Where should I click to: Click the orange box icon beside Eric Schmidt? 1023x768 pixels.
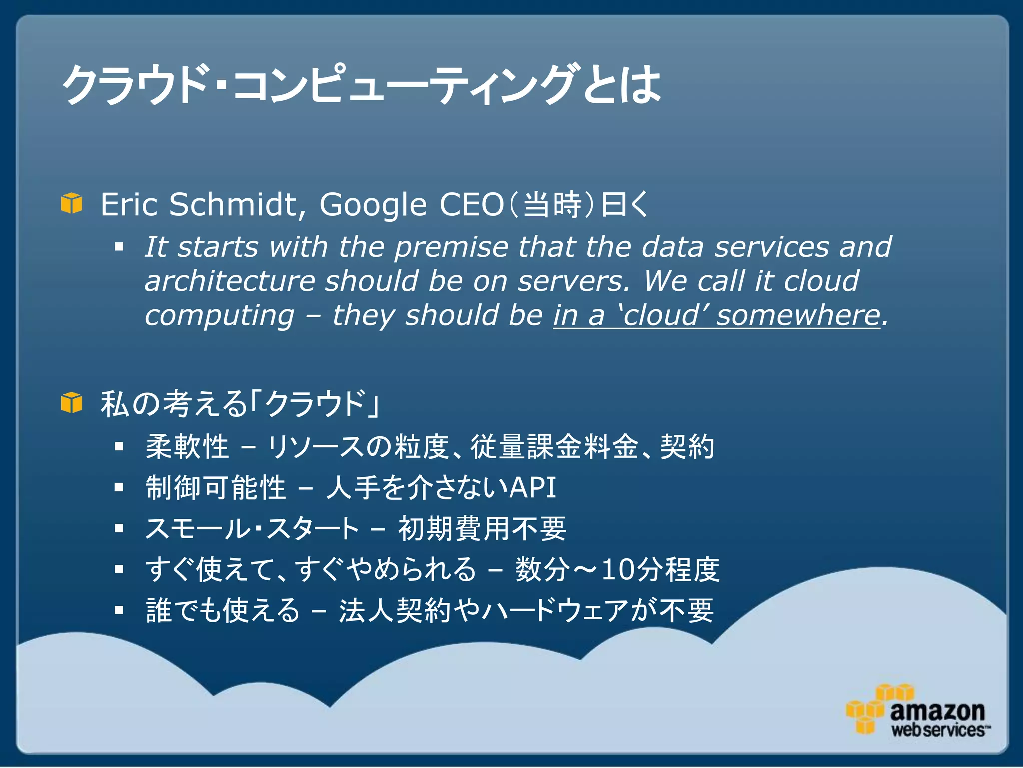click(71, 203)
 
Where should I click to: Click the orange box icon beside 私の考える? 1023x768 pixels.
click(71, 403)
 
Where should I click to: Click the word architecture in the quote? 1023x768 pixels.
click(230, 281)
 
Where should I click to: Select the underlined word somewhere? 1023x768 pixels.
click(798, 315)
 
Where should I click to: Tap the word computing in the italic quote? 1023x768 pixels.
click(219, 316)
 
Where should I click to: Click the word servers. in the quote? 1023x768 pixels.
click(574, 281)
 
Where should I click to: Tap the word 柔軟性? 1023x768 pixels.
click(187, 446)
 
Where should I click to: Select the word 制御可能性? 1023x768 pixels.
click(215, 487)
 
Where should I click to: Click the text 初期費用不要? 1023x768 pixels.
click(482, 528)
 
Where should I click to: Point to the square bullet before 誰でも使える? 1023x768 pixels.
click(119, 610)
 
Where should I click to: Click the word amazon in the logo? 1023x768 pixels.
click(937, 710)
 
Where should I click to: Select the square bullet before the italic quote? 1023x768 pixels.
click(119, 246)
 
